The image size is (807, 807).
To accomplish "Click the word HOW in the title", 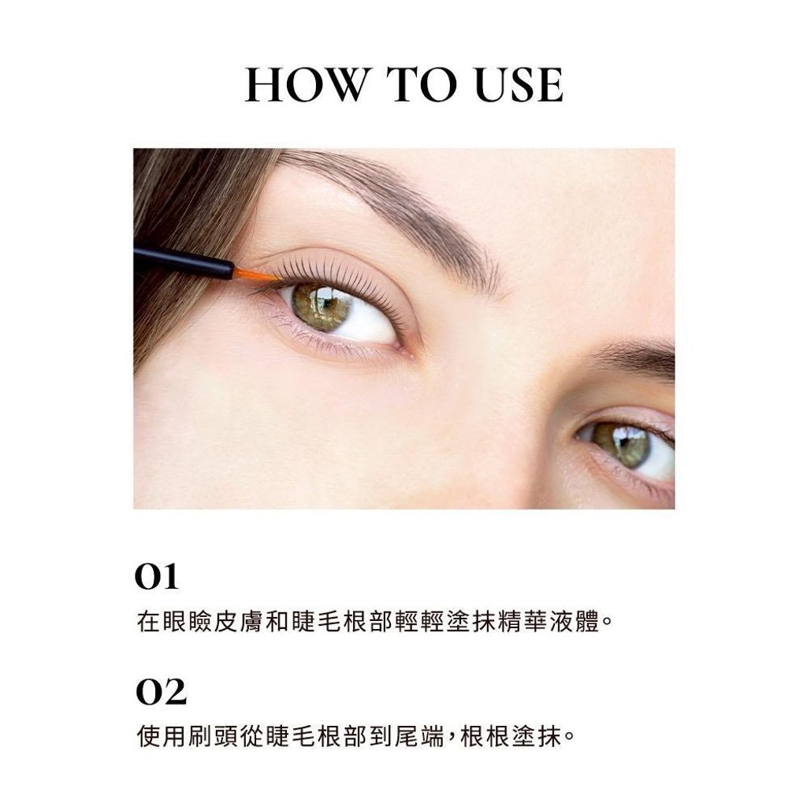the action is click(x=307, y=84).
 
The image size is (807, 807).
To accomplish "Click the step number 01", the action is click(x=157, y=577).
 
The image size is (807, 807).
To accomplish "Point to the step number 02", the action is click(x=161, y=692).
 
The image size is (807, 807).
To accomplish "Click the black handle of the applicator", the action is click(x=184, y=262).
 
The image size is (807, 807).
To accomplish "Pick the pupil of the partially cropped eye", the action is click(x=624, y=441).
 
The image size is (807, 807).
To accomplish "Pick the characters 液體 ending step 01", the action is click(x=575, y=621).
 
